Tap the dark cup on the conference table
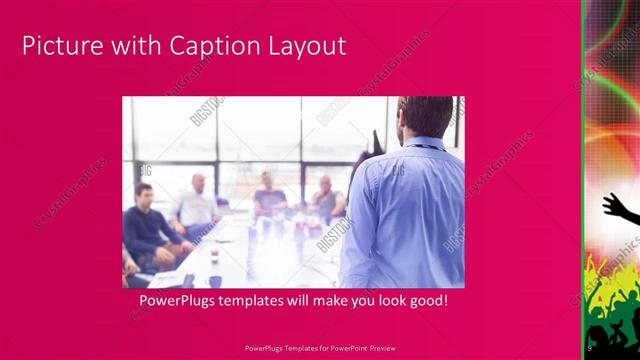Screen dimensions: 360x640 click(x=214, y=258)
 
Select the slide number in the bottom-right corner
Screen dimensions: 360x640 click(x=590, y=348)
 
